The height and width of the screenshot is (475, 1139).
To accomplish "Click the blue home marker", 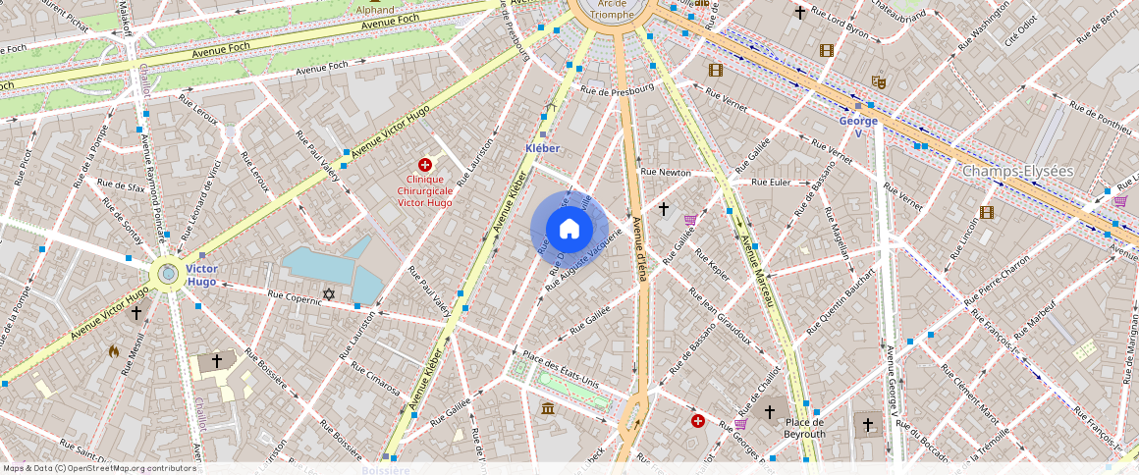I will (x=569, y=229).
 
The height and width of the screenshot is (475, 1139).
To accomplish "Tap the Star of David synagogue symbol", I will (x=329, y=294).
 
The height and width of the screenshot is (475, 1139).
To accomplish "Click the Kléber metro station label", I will (x=542, y=148).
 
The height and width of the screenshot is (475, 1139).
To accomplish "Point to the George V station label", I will (x=857, y=127).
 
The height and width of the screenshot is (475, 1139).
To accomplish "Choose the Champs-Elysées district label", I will (x=1017, y=171).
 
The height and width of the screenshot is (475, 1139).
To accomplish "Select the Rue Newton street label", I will (x=666, y=172).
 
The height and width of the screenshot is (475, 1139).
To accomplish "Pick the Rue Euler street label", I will (x=771, y=182).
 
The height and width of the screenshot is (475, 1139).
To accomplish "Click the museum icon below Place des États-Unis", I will (x=548, y=407).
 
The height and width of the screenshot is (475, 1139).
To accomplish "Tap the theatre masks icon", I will (x=879, y=83).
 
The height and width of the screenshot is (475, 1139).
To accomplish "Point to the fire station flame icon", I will (x=114, y=350).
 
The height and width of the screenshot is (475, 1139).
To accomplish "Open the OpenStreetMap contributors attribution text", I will (x=98, y=468).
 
